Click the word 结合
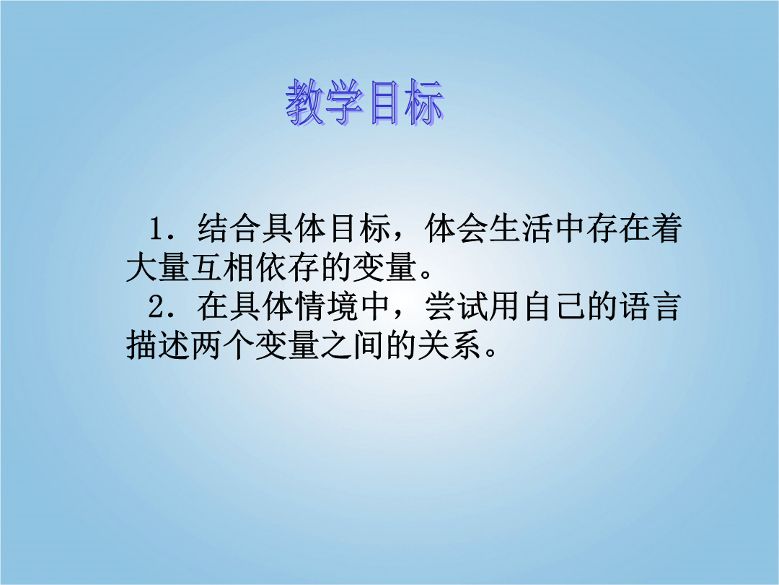(229, 229)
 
